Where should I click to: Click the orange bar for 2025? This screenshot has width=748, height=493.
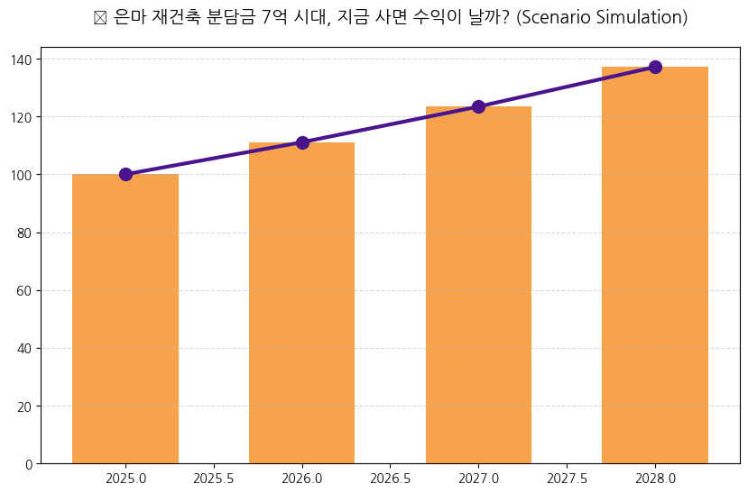click(125, 319)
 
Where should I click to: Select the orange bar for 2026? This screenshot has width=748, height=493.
click(302, 303)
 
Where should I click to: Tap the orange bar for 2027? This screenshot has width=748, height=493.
click(478, 285)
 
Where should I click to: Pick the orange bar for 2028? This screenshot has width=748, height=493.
click(655, 265)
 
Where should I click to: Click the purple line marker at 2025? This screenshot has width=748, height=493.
click(125, 174)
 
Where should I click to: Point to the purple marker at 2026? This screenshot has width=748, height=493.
click(302, 142)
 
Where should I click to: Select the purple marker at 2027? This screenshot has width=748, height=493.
click(478, 106)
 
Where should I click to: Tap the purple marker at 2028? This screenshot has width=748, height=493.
click(655, 67)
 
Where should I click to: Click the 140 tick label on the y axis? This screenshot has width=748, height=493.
click(23, 59)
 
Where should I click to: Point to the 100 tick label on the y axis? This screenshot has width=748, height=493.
click(23, 175)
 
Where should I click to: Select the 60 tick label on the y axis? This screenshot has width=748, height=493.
click(25, 290)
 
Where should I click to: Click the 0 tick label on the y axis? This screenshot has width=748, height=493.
click(29, 464)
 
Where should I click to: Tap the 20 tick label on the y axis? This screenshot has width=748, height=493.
click(25, 406)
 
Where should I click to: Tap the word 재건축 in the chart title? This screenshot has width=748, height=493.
click(175, 18)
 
